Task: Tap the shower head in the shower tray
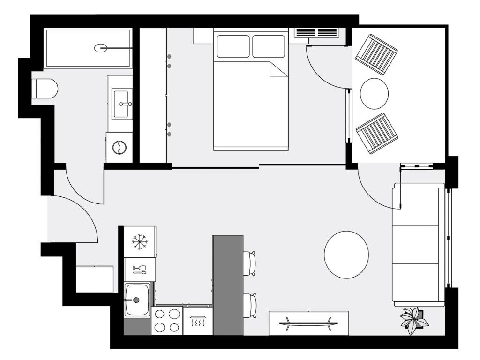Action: pyautogui.click(x=101, y=47)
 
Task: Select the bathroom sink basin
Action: pyautogui.click(x=123, y=104)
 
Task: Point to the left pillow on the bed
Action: pyautogui.click(x=233, y=46)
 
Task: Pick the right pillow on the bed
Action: pyautogui.click(x=269, y=46)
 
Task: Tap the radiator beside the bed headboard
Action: pyautogui.click(x=316, y=33)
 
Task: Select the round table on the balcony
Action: pyautogui.click(x=374, y=93)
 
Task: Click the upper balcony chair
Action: pyautogui.click(x=376, y=54)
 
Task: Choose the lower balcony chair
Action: pyautogui.click(x=377, y=133)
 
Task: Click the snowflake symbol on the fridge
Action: pyautogui.click(x=139, y=242)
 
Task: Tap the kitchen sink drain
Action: pyautogui.click(x=136, y=300)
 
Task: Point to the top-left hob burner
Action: pyautogui.click(x=160, y=314)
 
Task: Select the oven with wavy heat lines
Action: pyautogui.click(x=197, y=322)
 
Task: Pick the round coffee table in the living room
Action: pyautogui.click(x=346, y=255)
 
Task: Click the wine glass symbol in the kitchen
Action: pyautogui.click(x=140, y=269)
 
